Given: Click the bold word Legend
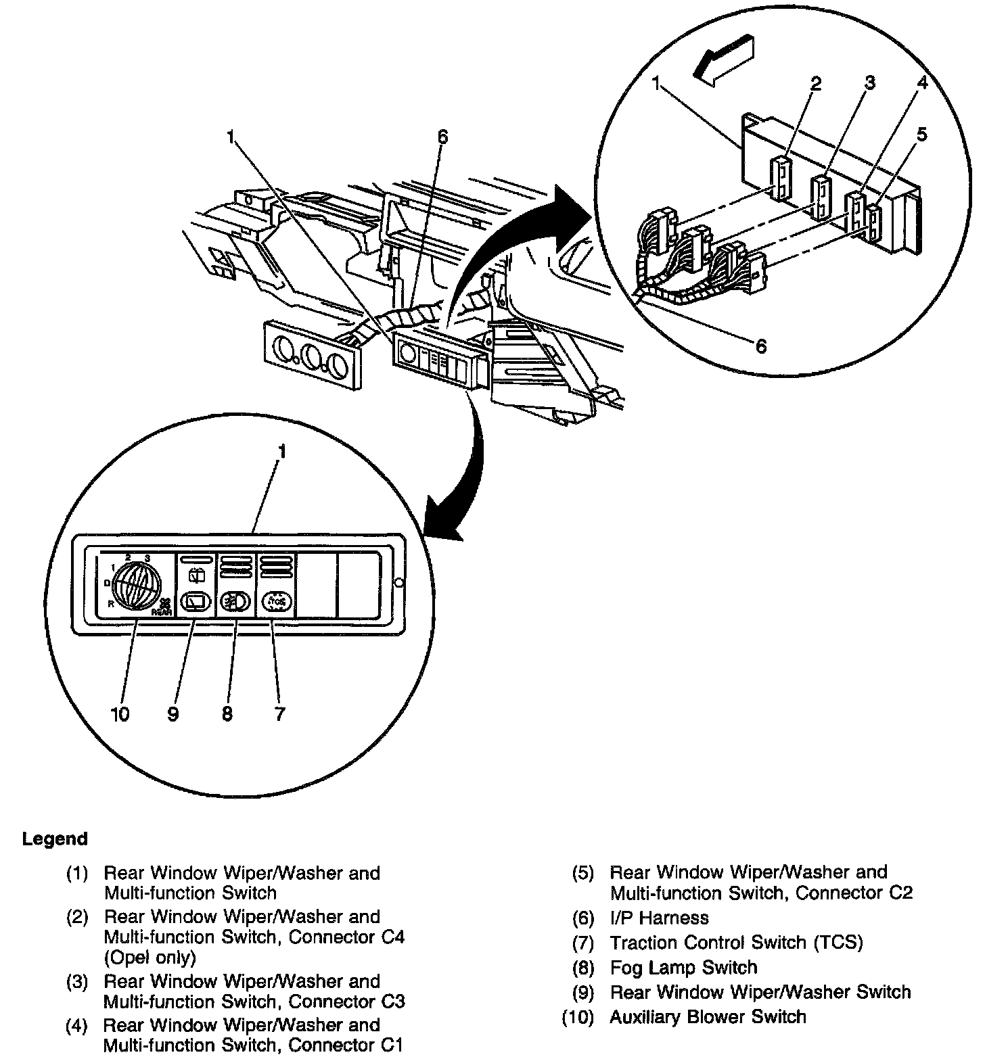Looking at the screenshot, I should click(55, 839).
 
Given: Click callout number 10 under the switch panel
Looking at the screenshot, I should click(120, 714).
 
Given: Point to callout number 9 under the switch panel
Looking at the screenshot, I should click(173, 714).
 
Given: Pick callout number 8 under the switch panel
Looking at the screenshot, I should click(227, 714).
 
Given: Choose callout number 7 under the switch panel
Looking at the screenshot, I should click(279, 714).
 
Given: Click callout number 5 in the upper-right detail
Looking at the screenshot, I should click(921, 135).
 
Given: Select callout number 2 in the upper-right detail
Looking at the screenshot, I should click(816, 83).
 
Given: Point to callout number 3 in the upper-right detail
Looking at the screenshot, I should click(870, 83).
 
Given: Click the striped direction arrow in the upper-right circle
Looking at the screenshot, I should click(727, 60).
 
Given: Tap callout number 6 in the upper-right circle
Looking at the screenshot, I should click(761, 346).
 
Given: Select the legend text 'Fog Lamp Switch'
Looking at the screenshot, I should click(683, 968).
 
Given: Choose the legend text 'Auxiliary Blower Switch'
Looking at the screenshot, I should click(708, 1017).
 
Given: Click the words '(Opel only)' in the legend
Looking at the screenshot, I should click(150, 958).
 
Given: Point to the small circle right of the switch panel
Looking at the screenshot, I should click(399, 582).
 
